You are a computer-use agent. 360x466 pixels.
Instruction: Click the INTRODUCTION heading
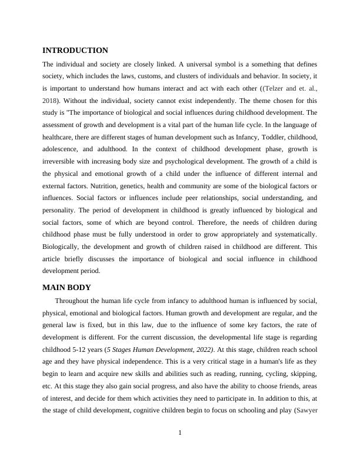point(75,51)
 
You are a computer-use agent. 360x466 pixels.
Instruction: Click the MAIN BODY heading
point(67,288)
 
